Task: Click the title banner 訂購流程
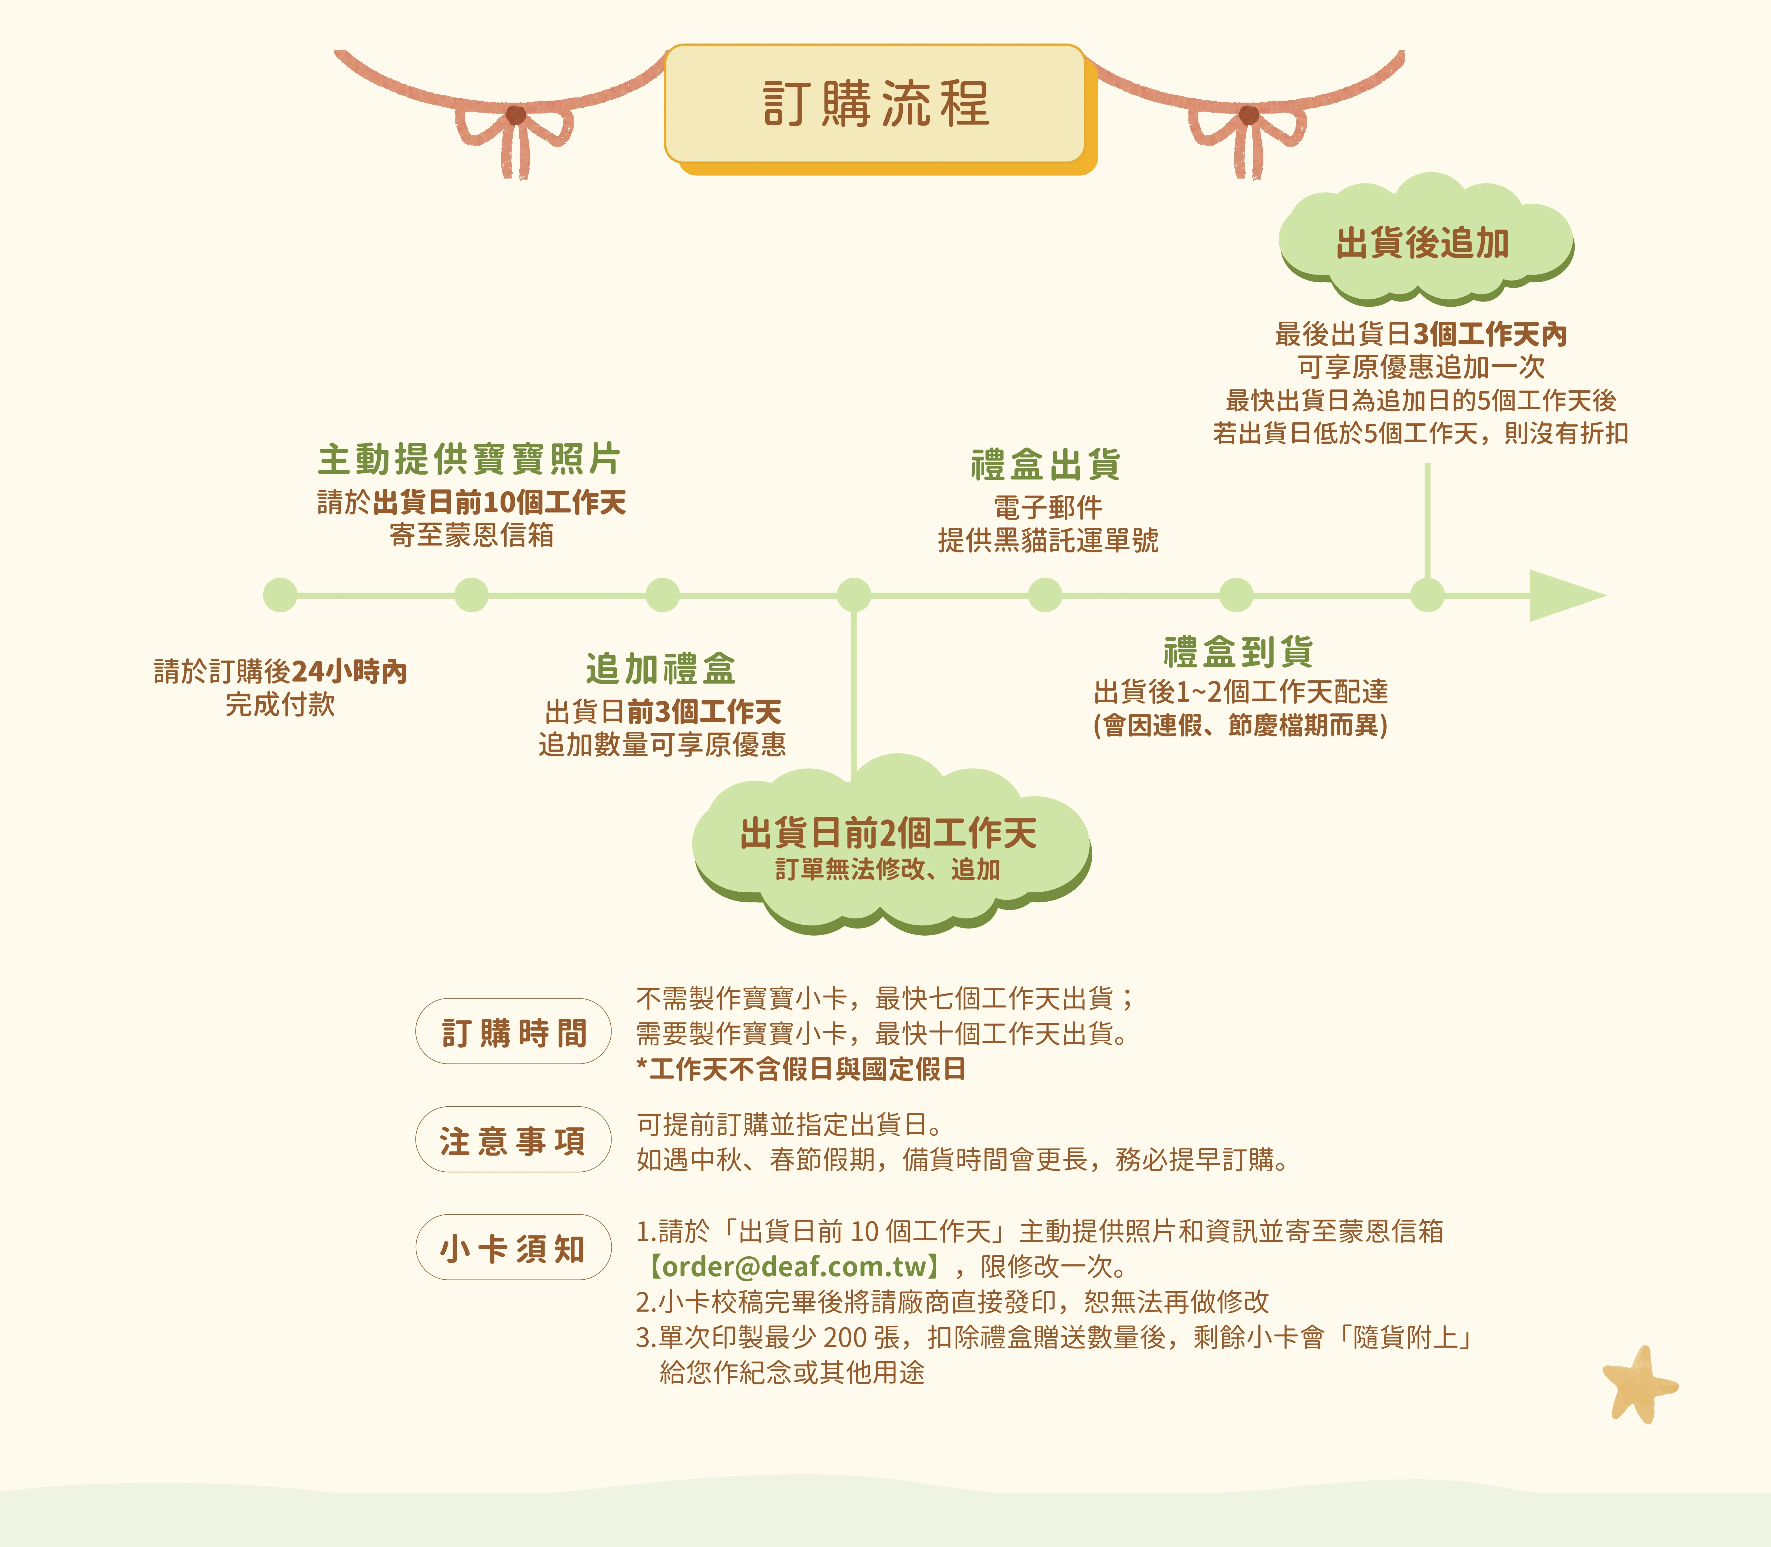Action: pyautogui.click(x=875, y=103)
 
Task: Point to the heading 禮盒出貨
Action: pyautogui.click(x=1046, y=465)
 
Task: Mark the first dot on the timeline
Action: pyautogui.click(x=280, y=595)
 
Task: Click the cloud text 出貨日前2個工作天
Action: pyautogui.click(x=888, y=833)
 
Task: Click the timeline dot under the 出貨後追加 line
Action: pyautogui.click(x=1427, y=595)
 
